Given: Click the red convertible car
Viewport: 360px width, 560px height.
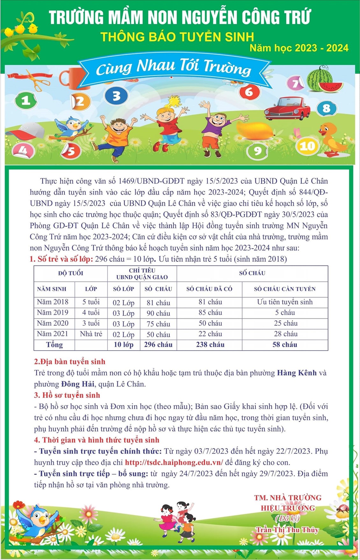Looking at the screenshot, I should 287,109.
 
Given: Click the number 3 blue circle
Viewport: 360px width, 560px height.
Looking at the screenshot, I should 116,96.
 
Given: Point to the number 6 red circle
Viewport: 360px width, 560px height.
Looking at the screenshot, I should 249,92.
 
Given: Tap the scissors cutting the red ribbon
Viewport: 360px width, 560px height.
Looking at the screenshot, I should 37,81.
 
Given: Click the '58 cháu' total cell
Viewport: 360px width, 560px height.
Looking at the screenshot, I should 284,345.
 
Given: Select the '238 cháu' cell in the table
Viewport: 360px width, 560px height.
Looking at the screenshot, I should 210,345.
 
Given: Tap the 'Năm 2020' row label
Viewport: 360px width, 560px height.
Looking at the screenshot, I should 53,323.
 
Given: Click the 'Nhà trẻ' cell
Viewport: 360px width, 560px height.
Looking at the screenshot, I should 91,334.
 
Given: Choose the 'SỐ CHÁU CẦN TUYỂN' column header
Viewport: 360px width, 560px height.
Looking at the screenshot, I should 284,289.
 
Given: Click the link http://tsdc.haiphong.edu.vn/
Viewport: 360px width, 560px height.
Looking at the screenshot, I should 174,462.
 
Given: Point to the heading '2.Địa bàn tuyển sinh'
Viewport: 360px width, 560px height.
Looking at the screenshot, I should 69,362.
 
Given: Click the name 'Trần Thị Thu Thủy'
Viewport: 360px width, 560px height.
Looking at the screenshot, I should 287,530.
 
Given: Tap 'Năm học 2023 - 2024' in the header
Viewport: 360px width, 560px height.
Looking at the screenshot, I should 299,48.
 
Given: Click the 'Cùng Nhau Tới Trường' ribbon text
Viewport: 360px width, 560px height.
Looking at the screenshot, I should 174,68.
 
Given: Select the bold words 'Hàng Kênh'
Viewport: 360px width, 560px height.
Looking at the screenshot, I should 297,373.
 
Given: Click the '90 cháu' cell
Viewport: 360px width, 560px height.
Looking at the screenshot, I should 158,313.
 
